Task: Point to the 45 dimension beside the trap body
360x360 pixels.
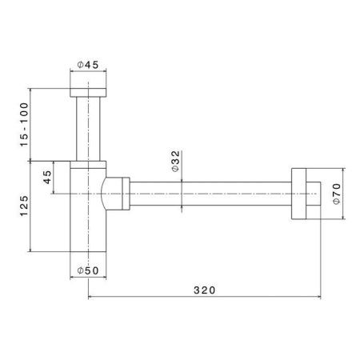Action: pos(46,178)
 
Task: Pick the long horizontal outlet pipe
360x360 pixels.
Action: pos(208,193)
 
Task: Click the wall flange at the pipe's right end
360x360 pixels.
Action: pos(301,193)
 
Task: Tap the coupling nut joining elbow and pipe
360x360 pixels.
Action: pos(121,194)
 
